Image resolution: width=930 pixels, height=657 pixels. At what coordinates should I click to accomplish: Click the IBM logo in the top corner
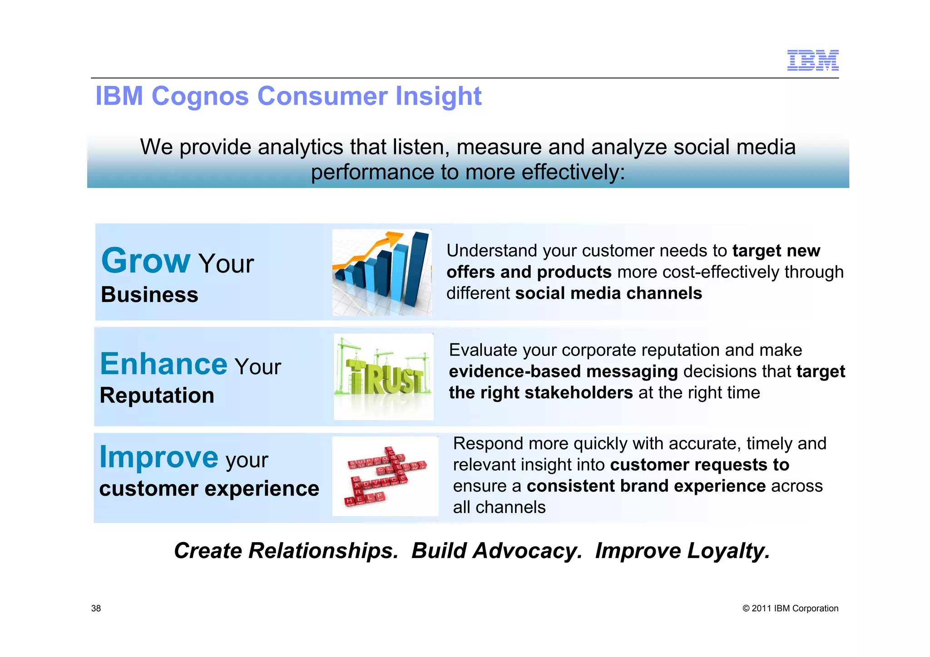(x=812, y=60)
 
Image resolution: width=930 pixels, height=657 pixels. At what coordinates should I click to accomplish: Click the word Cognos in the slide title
(x=200, y=96)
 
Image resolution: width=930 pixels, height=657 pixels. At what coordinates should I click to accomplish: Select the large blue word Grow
(x=145, y=261)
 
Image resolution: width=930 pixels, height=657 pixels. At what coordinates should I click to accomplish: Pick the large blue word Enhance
(x=163, y=364)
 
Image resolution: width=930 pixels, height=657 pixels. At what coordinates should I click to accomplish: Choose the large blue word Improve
(x=159, y=457)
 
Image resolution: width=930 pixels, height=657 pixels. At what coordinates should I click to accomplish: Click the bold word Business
(x=149, y=295)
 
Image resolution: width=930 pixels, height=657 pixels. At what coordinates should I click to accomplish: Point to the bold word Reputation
(x=157, y=395)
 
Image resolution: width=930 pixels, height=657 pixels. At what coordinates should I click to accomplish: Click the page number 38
(x=96, y=608)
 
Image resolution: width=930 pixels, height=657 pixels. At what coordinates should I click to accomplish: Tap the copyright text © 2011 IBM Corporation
(x=790, y=608)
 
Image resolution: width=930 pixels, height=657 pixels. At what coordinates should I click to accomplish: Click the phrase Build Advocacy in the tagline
(x=496, y=551)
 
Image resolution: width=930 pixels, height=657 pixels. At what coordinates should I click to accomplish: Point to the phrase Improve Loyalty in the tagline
(x=682, y=551)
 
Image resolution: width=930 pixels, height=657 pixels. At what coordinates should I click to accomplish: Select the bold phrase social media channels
(x=608, y=293)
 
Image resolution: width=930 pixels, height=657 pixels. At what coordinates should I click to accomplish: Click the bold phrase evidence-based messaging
(x=563, y=371)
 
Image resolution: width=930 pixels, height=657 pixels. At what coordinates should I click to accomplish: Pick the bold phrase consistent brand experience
(x=646, y=486)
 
